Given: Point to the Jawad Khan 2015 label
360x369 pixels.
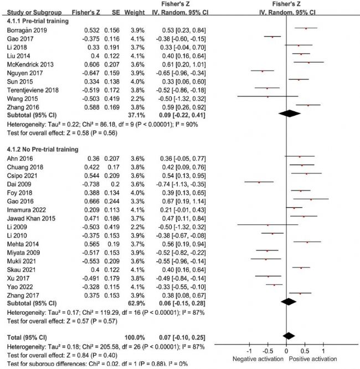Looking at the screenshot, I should [x=27, y=218].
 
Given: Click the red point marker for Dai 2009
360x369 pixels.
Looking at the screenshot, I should [x=259, y=181].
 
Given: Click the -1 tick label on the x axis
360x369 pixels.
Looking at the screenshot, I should [x=249, y=352].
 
